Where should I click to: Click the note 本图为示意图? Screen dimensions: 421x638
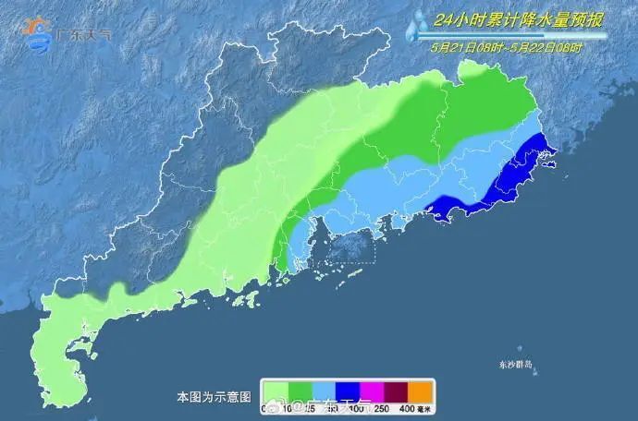coord(214,397)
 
